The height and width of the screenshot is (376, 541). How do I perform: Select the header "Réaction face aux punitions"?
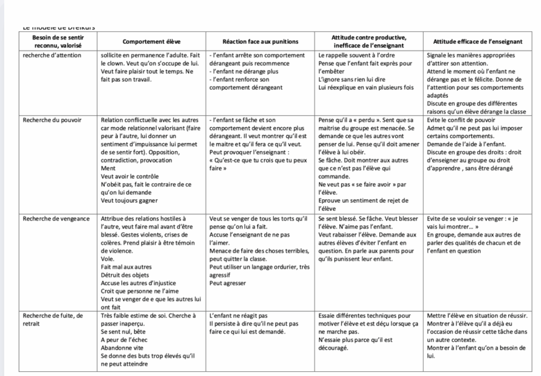[261, 42]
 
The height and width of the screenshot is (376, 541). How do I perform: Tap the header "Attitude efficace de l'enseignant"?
[478, 42]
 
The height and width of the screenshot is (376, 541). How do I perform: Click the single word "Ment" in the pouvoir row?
[108, 168]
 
